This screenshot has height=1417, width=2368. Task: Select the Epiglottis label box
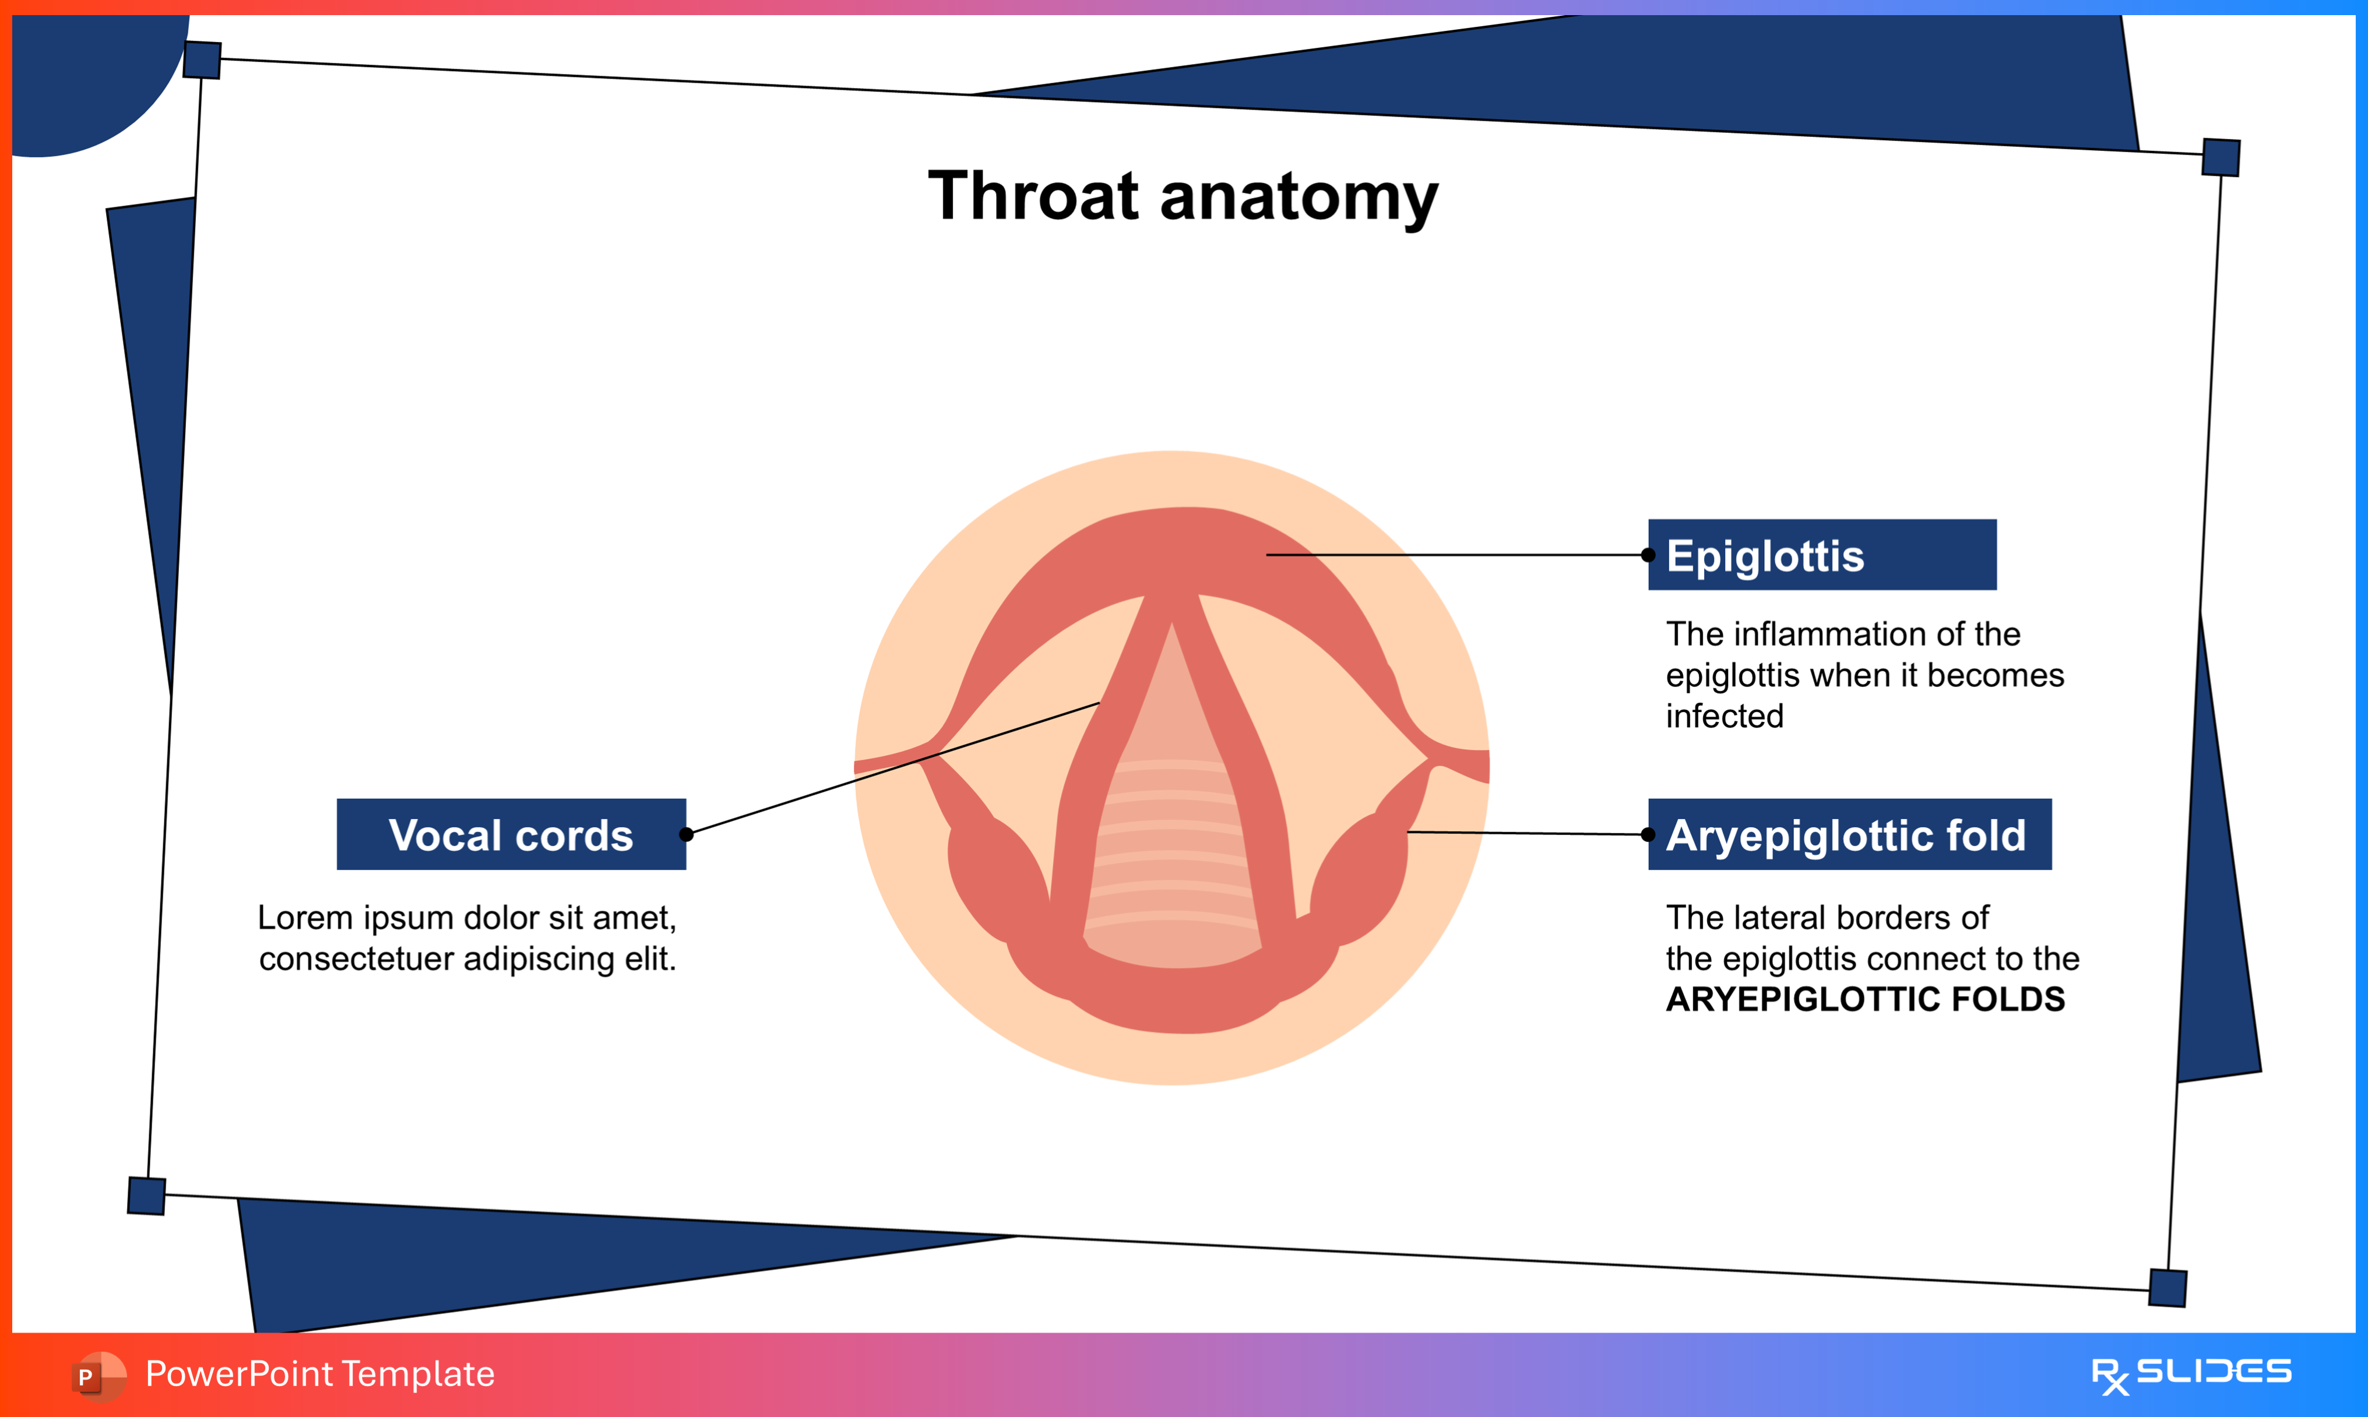[x=1822, y=555]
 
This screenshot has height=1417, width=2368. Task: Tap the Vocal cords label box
[x=511, y=834]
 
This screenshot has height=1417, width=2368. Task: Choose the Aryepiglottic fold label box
[x=1849, y=834]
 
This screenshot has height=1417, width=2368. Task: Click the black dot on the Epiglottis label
[x=1648, y=555]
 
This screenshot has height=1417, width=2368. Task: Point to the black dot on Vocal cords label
[x=685, y=834]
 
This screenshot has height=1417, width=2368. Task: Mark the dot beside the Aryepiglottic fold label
[x=1648, y=834]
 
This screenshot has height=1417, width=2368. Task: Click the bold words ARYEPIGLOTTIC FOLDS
[x=1865, y=999]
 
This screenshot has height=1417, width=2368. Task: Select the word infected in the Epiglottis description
[x=1725, y=716]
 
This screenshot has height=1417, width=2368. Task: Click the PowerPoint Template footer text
[x=320, y=1374]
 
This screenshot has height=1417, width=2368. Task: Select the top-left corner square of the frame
[x=202, y=60]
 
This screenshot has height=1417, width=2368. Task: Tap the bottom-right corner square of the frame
[x=2168, y=1288]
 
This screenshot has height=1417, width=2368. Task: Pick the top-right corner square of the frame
[x=2221, y=157]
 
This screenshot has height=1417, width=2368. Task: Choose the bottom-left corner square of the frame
[x=146, y=1196]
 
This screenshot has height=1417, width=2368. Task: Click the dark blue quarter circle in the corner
[x=86, y=76]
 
